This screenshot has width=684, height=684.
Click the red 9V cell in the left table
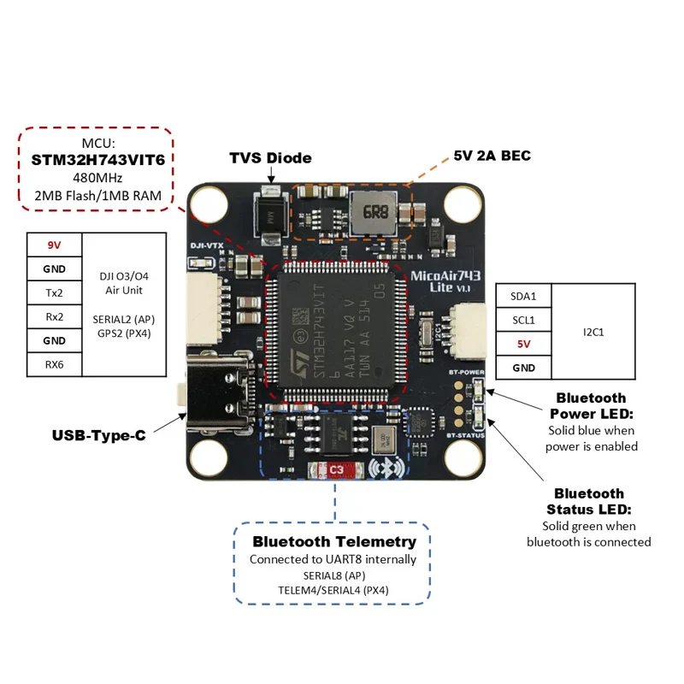click(54, 245)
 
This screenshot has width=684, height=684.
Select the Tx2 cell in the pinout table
click(54, 292)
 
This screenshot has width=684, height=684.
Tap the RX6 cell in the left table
click(54, 365)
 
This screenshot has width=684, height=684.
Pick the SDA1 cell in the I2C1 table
click(523, 296)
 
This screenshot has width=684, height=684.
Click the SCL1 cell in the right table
click(523, 320)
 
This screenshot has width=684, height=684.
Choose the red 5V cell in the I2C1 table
click(523, 344)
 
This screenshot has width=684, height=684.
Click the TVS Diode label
click(270, 158)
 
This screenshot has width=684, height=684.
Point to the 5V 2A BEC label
click(492, 156)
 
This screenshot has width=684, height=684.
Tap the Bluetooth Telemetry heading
click(334, 541)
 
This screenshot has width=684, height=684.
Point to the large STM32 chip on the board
click(336, 334)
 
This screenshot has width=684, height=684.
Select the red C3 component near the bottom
click(335, 469)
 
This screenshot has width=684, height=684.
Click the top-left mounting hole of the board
click(208, 203)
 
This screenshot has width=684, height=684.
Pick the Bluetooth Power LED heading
click(591, 405)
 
